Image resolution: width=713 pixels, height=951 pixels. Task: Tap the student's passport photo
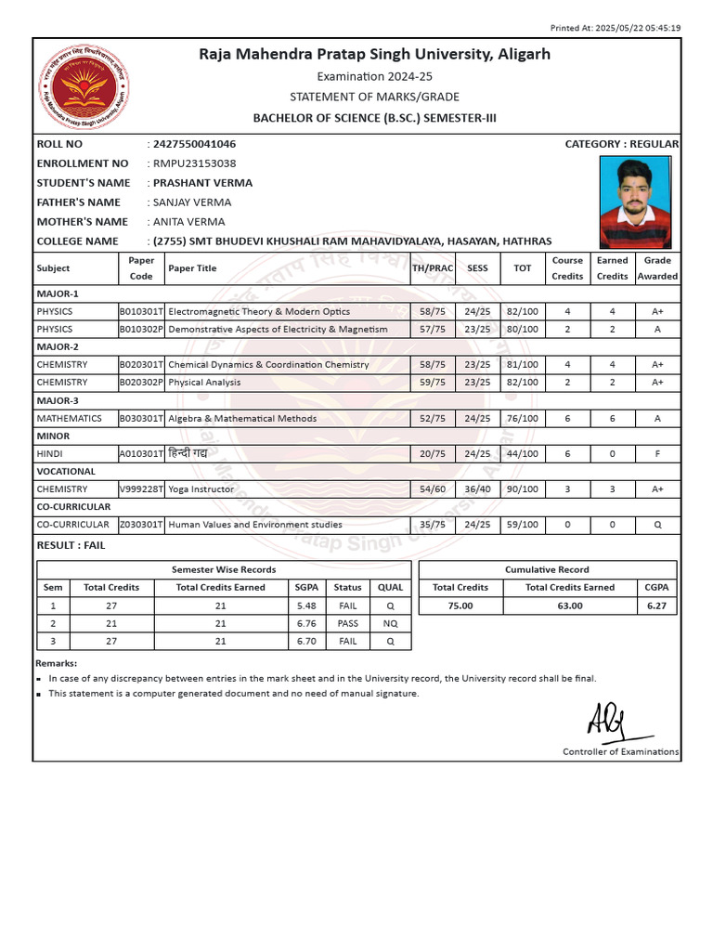(x=634, y=201)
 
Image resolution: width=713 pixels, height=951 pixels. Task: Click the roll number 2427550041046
(x=194, y=144)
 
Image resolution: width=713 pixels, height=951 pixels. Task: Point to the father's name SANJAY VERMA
(x=191, y=202)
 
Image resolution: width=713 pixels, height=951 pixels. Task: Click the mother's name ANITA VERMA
(x=188, y=222)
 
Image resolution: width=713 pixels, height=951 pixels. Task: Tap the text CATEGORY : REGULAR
(x=621, y=144)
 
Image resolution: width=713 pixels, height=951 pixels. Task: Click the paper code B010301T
(x=141, y=312)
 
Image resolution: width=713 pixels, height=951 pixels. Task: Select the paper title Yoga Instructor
(x=201, y=489)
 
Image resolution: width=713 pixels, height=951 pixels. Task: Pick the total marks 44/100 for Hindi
(x=523, y=453)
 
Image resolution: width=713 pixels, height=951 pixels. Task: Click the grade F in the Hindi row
(x=657, y=453)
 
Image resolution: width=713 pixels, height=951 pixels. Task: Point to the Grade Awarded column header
(x=657, y=268)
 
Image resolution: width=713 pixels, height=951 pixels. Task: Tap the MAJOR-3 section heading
(x=58, y=400)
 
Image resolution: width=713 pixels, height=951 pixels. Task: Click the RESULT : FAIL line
(x=71, y=545)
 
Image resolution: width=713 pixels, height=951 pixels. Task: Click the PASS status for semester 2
(x=347, y=624)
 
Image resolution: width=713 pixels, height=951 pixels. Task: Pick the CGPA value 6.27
(x=656, y=606)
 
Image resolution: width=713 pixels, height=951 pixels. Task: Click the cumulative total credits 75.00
(x=460, y=606)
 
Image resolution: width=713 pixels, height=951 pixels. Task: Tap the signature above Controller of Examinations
(x=608, y=719)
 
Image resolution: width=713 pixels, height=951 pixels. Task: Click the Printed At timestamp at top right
(x=616, y=28)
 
